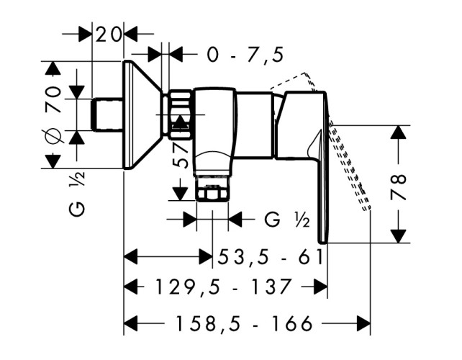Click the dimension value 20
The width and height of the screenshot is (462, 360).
[109, 33]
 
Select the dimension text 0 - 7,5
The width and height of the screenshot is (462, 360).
[245, 54]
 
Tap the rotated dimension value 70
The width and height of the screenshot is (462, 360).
[52, 98]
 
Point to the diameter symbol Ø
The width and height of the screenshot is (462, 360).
[51, 136]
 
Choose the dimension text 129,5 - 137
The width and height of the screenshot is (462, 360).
[223, 287]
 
